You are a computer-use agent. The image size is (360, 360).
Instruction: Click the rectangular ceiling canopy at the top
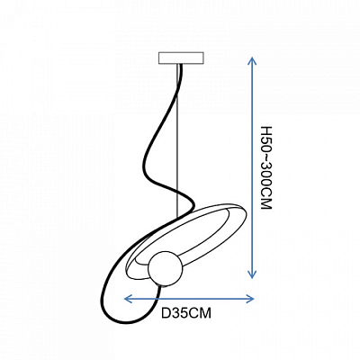coord(181,58)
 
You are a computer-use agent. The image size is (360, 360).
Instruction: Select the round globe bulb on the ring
coord(166,268)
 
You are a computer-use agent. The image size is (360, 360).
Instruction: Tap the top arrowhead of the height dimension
coord(252,61)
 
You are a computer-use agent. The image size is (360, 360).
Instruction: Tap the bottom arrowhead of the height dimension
coord(252,274)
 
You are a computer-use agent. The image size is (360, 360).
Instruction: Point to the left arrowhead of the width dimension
coord(128,299)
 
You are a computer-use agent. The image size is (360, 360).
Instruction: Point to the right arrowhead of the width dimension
coord(250,299)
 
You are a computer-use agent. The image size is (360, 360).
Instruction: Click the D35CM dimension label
coord(186,313)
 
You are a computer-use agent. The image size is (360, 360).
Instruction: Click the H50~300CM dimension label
coord(266,167)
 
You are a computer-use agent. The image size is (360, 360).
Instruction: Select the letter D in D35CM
coord(166,313)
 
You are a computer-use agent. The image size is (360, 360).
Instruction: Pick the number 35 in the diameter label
coord(180,313)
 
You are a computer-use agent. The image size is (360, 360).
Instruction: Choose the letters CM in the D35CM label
coord(201,313)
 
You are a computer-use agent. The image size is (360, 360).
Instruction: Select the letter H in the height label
coord(266,130)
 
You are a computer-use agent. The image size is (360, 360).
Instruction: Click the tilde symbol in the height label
coord(265,157)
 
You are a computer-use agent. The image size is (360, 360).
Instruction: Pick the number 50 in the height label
coord(266,144)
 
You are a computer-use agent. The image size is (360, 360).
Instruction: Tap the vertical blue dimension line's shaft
coord(252,167)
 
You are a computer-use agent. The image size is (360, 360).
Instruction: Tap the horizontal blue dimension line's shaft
coord(189,299)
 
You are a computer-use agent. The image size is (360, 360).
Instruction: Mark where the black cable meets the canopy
coord(181,65)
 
